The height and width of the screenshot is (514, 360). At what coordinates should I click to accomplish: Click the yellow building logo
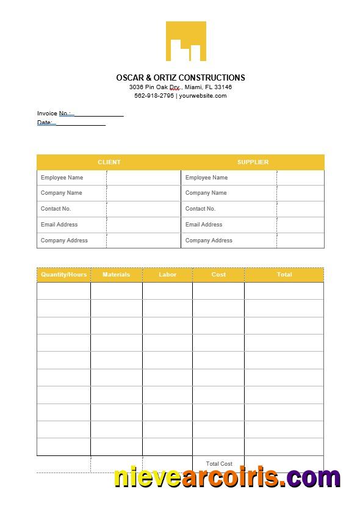185,42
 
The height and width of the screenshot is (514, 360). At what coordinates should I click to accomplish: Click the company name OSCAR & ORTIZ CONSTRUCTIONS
181,78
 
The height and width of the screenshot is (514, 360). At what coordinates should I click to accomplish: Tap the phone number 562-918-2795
154,96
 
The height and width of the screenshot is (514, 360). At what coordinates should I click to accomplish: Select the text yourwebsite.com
203,96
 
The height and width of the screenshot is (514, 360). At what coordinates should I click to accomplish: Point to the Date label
45,123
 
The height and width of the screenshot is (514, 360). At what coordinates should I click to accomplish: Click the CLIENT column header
109,162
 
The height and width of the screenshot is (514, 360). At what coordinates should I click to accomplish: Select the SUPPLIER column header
253,162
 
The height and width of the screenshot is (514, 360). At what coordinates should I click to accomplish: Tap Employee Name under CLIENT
62,178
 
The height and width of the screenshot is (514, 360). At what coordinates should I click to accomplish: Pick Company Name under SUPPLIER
206,193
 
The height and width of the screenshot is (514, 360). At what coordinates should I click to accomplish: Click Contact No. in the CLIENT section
56,209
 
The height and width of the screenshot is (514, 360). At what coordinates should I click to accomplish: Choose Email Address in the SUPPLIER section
204,225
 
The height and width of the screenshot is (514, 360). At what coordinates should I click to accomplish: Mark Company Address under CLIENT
64,241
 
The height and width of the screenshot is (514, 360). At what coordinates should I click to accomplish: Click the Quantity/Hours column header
63,275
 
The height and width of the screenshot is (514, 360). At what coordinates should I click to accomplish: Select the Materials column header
116,275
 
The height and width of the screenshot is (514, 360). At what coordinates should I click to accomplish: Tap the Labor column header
167,275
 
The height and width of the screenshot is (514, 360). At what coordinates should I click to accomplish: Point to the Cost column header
218,275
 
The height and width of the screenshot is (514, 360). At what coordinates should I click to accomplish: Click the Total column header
284,275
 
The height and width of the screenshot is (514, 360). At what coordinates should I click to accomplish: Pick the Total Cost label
218,464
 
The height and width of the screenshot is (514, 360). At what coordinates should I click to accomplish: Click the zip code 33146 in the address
223,87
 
